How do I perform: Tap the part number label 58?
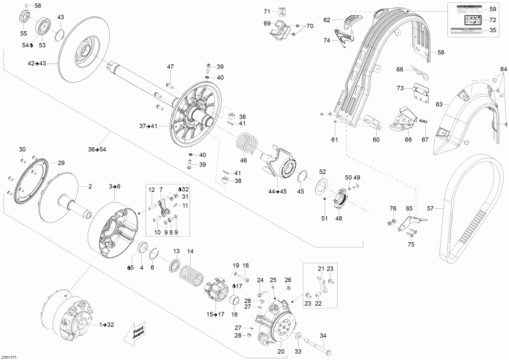point(441,53)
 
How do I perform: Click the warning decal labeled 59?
point(465,9)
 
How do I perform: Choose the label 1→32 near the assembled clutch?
point(107,324)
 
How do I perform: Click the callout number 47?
point(170,67)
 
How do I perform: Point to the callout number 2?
point(89,186)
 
